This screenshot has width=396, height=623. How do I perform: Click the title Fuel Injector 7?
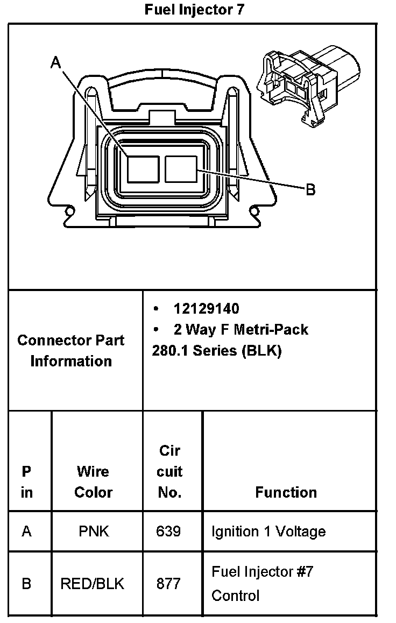[x=195, y=10]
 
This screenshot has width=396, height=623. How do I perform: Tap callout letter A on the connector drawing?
[x=55, y=63]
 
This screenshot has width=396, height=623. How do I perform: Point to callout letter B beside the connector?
[x=310, y=189]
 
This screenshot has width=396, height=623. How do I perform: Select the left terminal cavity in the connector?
[x=143, y=169]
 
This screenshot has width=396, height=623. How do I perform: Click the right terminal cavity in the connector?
[x=183, y=168]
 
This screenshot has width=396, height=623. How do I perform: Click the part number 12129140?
[x=206, y=308]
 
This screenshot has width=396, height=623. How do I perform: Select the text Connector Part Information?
[x=70, y=350]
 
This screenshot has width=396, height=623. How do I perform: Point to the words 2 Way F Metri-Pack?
[x=241, y=329]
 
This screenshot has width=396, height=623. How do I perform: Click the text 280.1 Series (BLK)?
[x=217, y=350]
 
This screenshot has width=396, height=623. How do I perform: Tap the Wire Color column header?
[x=93, y=482]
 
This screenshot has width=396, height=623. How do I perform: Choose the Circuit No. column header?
[x=169, y=471]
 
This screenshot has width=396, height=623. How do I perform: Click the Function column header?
[x=286, y=492]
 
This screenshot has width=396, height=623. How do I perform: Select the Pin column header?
[x=26, y=482]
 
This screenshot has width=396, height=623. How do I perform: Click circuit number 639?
[x=168, y=532]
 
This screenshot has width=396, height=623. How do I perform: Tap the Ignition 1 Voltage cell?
[x=268, y=532]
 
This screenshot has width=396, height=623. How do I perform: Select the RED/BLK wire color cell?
[x=93, y=583]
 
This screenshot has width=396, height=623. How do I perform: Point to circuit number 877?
[x=168, y=583]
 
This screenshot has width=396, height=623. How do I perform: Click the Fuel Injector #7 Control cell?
[x=262, y=583]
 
